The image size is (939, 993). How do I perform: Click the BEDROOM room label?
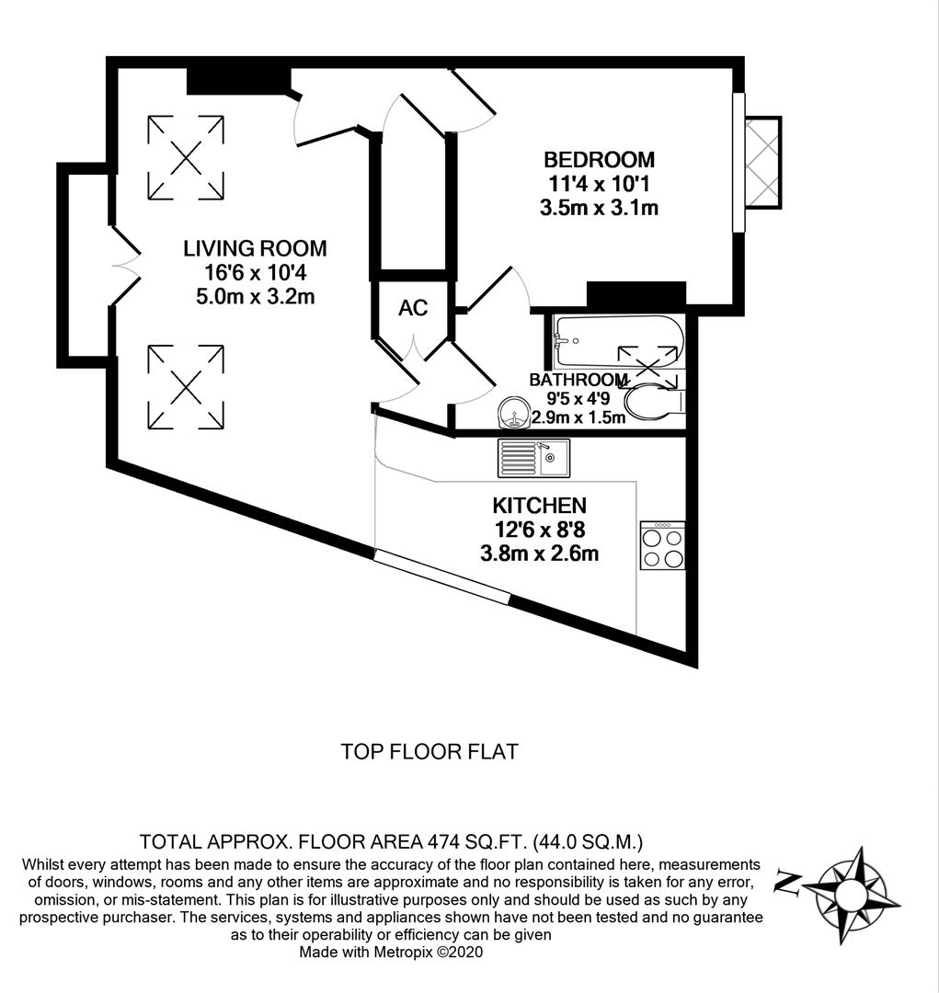click(599, 160)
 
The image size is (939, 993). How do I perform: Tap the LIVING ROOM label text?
click(255, 248)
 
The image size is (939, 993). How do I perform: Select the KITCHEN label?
click(539, 505)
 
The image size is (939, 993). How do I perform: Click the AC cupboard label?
click(413, 308)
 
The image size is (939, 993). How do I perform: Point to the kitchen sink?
click(533, 458)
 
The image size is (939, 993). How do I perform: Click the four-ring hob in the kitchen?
click(662, 545)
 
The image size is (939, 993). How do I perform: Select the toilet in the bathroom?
click(653, 401)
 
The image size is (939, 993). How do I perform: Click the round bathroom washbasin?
click(515, 414)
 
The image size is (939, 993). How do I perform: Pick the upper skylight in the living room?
click(186, 157)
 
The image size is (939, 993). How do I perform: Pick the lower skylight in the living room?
click(186, 387)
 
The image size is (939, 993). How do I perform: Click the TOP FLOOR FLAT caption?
click(429, 751)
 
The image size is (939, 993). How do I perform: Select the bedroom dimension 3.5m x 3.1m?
click(599, 208)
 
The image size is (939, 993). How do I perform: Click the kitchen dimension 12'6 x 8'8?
click(539, 530)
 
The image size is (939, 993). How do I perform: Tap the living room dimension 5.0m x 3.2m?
click(255, 296)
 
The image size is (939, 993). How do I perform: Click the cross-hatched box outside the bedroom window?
click(762, 163)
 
